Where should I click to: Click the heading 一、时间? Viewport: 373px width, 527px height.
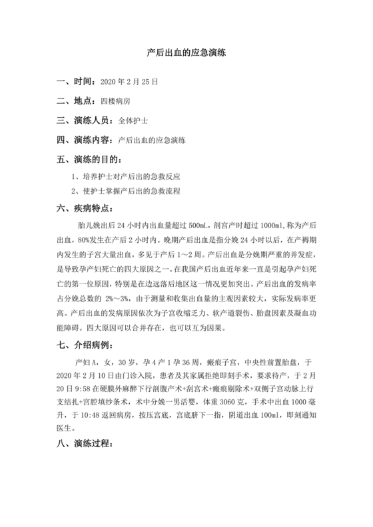coord(75,83)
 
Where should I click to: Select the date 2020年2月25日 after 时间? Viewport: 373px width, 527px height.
coord(129,84)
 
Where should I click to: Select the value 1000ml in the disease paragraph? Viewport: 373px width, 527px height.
coord(273,226)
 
